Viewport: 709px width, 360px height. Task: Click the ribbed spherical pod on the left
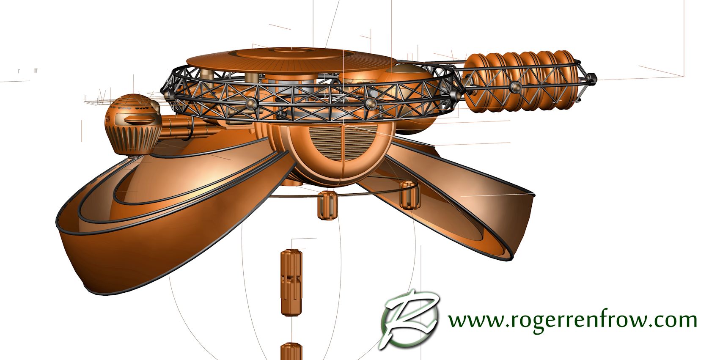[x=133, y=124]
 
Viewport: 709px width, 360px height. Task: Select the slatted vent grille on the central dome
[x=344, y=142]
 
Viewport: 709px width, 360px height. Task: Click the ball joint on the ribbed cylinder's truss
[x=515, y=86]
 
